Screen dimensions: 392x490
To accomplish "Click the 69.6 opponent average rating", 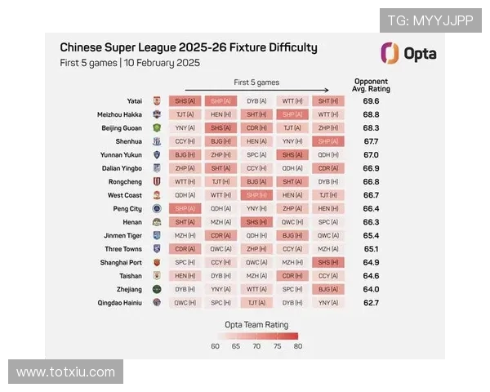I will (x=371, y=100).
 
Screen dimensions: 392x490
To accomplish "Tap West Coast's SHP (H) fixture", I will (x=256, y=195).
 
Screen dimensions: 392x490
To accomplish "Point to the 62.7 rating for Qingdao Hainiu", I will (x=371, y=302).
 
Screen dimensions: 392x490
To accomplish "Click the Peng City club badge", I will (x=157, y=208).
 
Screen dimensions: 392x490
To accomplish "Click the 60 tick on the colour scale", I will (x=215, y=345).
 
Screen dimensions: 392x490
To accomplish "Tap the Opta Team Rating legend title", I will (x=256, y=323).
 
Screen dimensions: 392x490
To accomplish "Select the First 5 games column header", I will (x=256, y=82).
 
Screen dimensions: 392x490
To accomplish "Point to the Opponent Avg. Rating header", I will (x=371, y=85).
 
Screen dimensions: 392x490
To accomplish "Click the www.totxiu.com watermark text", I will (x=65, y=372).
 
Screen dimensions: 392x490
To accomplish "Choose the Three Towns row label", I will (x=123, y=248).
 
